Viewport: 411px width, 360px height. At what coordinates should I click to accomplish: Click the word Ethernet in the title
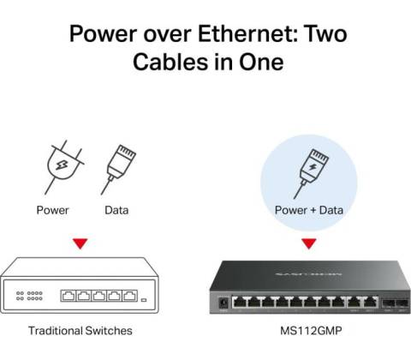[x=247, y=33]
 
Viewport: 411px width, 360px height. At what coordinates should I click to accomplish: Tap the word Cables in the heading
[x=171, y=62]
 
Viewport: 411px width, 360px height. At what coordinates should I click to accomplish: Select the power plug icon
[x=64, y=167]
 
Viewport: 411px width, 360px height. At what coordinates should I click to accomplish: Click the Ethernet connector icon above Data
[x=118, y=169]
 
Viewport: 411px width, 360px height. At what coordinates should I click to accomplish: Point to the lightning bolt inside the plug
[x=62, y=165]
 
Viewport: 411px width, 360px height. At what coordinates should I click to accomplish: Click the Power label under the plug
[x=52, y=210]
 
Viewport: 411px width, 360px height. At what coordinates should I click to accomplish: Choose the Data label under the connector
[x=116, y=210]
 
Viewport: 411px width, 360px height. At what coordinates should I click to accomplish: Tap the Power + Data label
[x=308, y=210]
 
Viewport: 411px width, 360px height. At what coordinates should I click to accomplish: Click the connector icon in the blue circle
[x=311, y=173]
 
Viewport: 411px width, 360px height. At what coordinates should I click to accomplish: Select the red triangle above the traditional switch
[x=80, y=243]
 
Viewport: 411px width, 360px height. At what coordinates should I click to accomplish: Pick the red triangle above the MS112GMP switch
[x=309, y=243]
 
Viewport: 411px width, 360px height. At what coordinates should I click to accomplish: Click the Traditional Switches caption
[x=80, y=331]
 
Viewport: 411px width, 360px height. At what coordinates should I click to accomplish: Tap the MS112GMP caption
[x=311, y=331]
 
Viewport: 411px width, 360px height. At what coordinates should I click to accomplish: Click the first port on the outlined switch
[x=68, y=296]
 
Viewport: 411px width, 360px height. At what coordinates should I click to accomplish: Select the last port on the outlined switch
[x=129, y=296]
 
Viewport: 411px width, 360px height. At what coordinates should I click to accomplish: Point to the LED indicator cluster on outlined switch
[x=29, y=296]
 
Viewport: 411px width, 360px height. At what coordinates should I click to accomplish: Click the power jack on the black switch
[x=223, y=303]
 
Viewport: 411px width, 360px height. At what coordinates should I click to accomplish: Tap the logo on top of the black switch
[x=309, y=274]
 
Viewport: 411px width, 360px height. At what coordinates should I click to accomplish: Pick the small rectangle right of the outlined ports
[x=144, y=300]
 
